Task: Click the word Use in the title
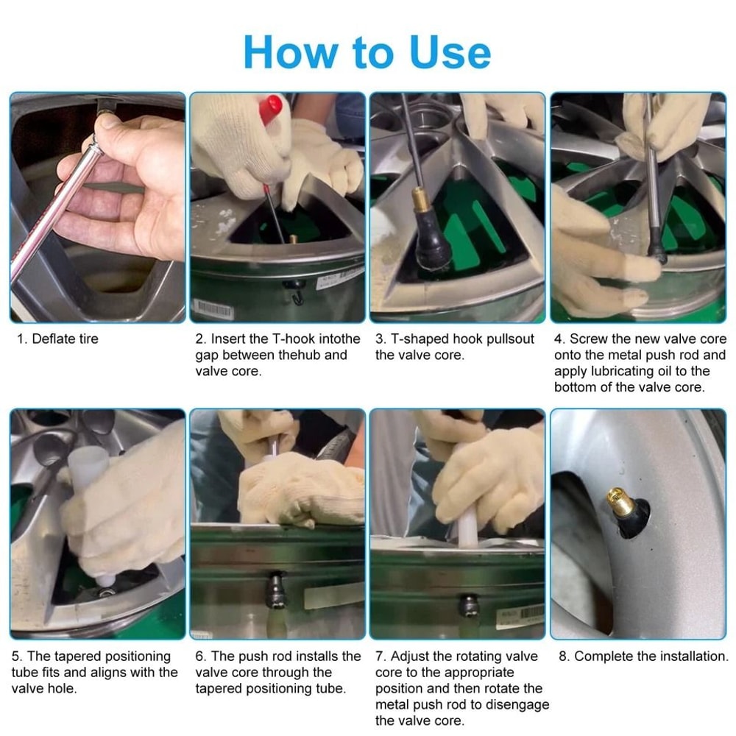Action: pos(450,52)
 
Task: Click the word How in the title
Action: pos(291,52)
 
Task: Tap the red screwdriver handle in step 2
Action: pos(271,109)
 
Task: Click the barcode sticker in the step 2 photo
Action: pos(213,309)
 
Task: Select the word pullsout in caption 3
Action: pos(509,339)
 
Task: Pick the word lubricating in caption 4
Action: pos(631,371)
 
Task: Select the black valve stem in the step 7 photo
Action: pos(468,606)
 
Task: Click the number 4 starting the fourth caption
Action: pos(558,339)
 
